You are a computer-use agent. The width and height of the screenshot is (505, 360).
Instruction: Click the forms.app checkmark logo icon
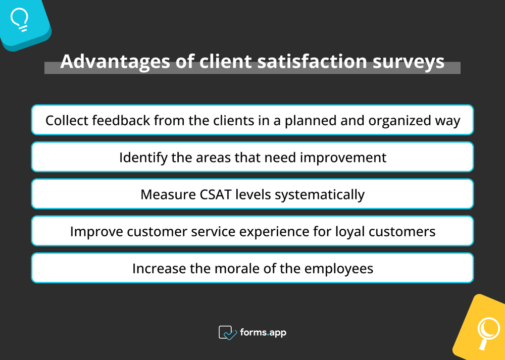tap(228, 333)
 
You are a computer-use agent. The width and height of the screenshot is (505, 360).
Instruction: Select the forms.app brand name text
tap(263, 332)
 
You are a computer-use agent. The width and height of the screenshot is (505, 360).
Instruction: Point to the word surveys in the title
tap(409, 61)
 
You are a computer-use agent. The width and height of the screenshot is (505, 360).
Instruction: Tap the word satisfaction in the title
tap(312, 61)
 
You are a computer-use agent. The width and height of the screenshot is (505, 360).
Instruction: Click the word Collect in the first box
tap(67, 121)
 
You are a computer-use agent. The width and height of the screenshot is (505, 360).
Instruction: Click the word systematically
tap(320, 195)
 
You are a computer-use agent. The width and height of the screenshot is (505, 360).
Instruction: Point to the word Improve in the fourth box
tap(96, 232)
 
